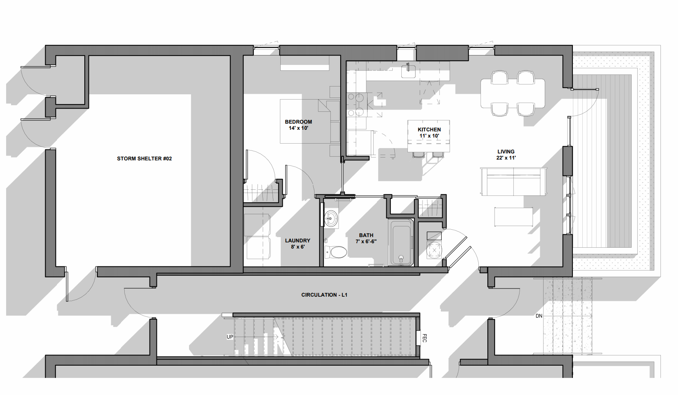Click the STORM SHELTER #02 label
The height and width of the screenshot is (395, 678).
pyautogui.click(x=144, y=159)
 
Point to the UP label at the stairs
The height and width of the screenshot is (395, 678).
pyautogui.click(x=230, y=337)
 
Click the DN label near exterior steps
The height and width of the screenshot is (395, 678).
pyautogui.click(x=539, y=316)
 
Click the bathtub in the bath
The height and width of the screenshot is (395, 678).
pyautogui.click(x=401, y=242)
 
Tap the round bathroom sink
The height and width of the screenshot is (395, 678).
pyautogui.click(x=332, y=217)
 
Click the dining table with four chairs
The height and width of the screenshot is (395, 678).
pyautogui.click(x=513, y=93)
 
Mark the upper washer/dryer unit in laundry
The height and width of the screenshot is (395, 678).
pyautogui.click(x=258, y=224)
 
